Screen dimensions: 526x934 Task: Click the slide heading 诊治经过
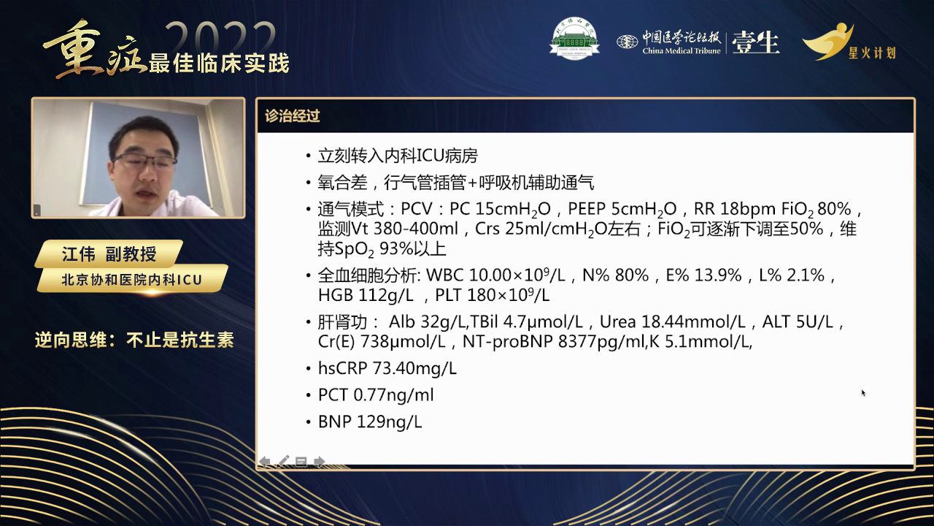(292, 116)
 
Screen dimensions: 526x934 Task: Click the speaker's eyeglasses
(145, 160)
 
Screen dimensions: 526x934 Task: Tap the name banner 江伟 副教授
(109, 254)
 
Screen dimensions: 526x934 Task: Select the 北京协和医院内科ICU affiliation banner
(131, 279)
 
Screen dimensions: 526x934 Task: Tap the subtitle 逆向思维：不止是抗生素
(134, 340)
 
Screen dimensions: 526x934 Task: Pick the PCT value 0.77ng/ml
(393, 395)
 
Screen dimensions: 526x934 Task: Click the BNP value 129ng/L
(389, 422)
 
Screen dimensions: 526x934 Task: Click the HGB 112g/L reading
(366, 295)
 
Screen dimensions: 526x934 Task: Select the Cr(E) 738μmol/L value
(383, 341)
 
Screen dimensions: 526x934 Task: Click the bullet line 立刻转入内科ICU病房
(398, 156)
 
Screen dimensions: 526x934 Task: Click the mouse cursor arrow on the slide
(863, 393)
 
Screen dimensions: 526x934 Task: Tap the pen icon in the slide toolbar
(283, 461)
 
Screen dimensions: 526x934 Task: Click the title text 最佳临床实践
(219, 63)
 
